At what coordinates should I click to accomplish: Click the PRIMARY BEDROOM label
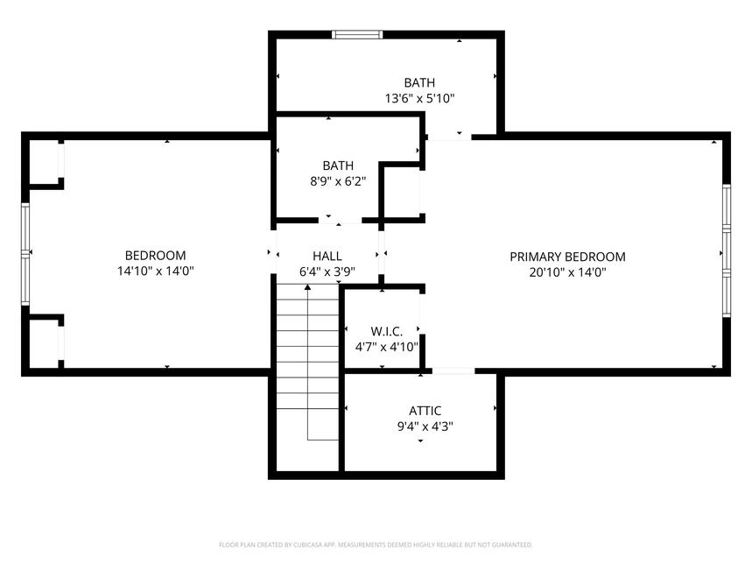567,257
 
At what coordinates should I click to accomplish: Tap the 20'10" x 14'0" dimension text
568,272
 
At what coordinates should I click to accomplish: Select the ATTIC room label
425,411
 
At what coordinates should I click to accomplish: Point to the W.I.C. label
387,331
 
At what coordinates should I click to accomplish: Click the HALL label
327,256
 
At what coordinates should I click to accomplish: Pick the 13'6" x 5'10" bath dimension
419,99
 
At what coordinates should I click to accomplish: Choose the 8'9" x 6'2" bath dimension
338,181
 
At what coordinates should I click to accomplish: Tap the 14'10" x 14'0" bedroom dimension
155,271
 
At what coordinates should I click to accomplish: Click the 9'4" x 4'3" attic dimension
425,427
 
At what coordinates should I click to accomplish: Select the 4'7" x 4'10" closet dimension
387,347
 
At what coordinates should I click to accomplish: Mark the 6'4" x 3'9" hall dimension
327,271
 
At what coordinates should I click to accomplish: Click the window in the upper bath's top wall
357,34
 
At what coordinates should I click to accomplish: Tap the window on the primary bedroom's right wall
727,250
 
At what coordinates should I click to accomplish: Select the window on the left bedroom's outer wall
25,254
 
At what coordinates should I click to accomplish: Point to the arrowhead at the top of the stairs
307,287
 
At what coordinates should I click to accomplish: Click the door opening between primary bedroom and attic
453,371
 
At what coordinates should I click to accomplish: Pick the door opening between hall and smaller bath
340,220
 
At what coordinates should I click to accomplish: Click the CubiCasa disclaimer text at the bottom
376,545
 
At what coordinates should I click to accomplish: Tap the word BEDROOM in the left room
155,256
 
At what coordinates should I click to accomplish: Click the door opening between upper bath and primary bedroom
449,137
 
